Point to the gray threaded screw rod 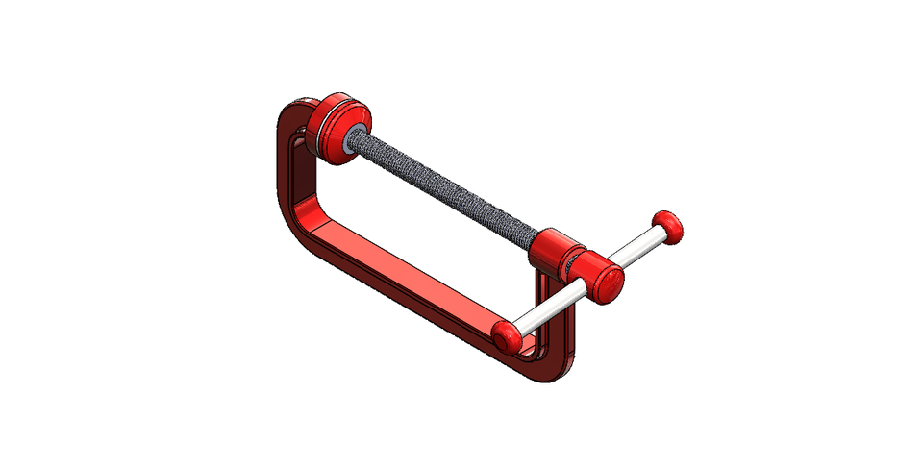pyautogui.click(x=442, y=188)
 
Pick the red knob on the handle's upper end pyautogui.click(x=669, y=225)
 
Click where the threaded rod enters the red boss pyautogui.click(x=536, y=239)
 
